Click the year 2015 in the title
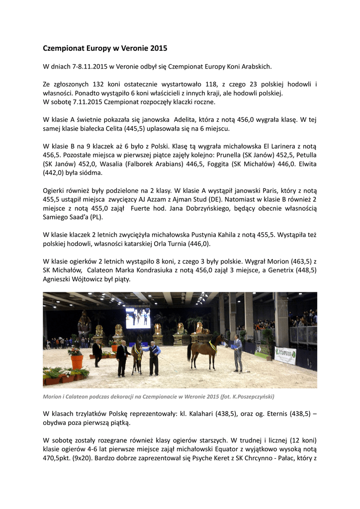159,49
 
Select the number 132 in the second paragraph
100,85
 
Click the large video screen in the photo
138,318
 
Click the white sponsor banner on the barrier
285,355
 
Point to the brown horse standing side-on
205,349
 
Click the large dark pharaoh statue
84,326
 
